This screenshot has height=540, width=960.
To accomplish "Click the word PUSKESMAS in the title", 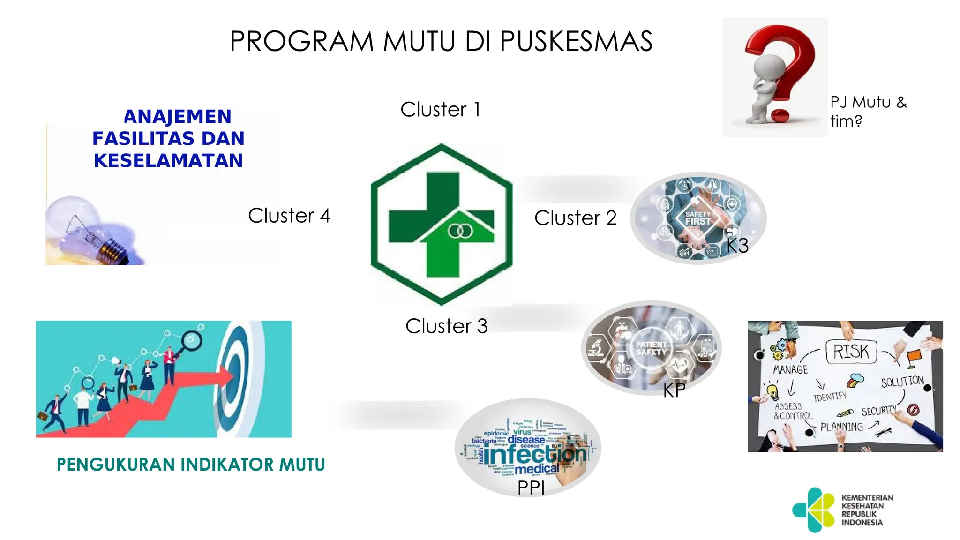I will point(576,41).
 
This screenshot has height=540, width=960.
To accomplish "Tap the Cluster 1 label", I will point(440,110).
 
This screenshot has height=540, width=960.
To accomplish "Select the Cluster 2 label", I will point(575,218).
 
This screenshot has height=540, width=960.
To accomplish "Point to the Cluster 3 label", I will point(446,326).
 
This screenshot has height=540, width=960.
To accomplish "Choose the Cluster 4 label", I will point(289,216).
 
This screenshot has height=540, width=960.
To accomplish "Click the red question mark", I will point(787,66).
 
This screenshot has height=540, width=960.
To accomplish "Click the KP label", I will point(674,390).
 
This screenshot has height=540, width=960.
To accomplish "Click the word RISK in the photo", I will point(850,352).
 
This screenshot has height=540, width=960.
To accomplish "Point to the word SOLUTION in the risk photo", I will point(902,382).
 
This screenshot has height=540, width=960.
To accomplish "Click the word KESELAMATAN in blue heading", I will point(168,160).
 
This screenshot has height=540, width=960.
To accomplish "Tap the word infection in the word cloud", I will point(534,454).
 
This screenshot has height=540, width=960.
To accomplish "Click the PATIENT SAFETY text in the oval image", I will point(651,348).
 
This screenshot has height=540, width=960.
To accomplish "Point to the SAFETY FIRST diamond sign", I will point(698,218).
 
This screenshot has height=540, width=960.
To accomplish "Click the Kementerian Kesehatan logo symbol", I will point(814,510).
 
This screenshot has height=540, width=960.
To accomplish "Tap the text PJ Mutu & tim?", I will point(868,112).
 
